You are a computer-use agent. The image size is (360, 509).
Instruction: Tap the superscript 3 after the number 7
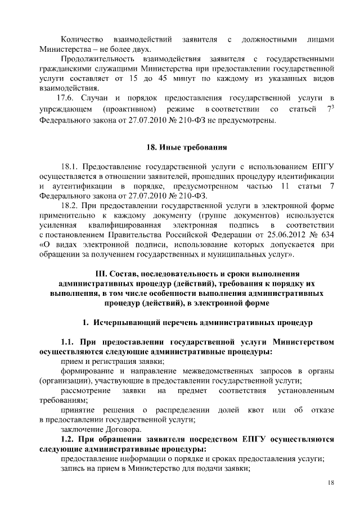click(333, 106)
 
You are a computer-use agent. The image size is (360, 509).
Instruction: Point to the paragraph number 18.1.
click(70, 168)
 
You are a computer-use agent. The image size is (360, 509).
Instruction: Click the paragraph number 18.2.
click(70, 206)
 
